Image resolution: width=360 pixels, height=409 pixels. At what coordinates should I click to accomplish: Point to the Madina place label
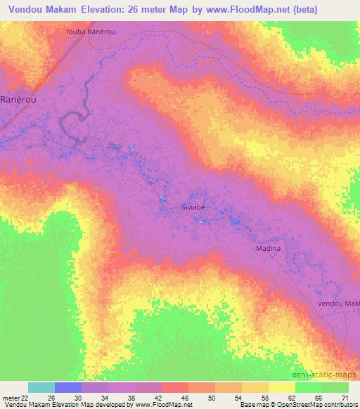tap(267, 249)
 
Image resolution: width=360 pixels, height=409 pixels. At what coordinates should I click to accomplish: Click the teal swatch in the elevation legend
tap(41, 387)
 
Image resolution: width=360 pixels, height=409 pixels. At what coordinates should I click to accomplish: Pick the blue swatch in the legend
tap(68, 387)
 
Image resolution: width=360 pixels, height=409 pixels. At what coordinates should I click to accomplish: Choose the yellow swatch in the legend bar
tap(281, 387)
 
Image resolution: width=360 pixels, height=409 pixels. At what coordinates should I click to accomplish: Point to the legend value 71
tap(344, 397)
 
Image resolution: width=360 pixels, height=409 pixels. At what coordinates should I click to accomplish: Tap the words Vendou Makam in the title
tap(41, 10)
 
